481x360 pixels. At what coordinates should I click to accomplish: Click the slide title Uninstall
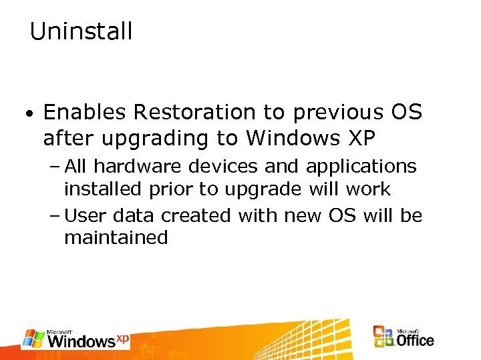pyautogui.click(x=81, y=31)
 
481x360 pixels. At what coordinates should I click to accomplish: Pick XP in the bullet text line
pyautogui.click(x=361, y=138)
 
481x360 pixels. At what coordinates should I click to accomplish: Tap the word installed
pyautogui.click(x=102, y=189)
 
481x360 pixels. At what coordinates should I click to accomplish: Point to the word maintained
pyautogui.click(x=116, y=238)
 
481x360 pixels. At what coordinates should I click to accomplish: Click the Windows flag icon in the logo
pyautogui.click(x=33, y=339)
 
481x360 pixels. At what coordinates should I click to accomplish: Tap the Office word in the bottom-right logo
pyautogui.click(x=415, y=341)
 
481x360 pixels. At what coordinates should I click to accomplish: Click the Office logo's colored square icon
pyautogui.click(x=383, y=337)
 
